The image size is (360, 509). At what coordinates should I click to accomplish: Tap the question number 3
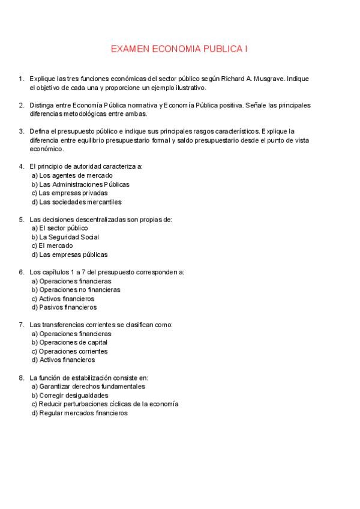pos(21,131)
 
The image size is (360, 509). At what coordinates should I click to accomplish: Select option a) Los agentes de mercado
pos(72,175)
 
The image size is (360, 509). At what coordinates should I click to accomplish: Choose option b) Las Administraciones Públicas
pos(80,184)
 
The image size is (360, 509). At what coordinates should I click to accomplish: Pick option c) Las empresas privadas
pos(70,193)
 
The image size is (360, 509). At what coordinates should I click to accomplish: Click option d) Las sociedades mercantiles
pos(76,202)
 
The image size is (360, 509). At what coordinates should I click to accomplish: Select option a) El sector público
pos(59,228)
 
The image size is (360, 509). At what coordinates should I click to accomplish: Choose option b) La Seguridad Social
pos(65,236)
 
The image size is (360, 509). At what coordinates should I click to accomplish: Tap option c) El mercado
pos(52,245)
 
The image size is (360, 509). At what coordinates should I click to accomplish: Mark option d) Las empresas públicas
pos(70,254)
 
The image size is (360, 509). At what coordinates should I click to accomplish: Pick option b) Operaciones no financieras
pos(76,289)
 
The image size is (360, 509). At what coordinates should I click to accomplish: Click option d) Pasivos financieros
pos(64,307)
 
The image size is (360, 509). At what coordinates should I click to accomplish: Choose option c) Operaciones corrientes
pos(69,351)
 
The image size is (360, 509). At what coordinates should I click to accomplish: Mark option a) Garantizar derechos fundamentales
pos(88,387)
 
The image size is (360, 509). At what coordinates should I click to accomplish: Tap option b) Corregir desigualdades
pos(70,396)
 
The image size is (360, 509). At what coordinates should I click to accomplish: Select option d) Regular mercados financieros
pos(79,413)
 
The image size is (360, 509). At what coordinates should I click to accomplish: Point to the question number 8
pos(21,378)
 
